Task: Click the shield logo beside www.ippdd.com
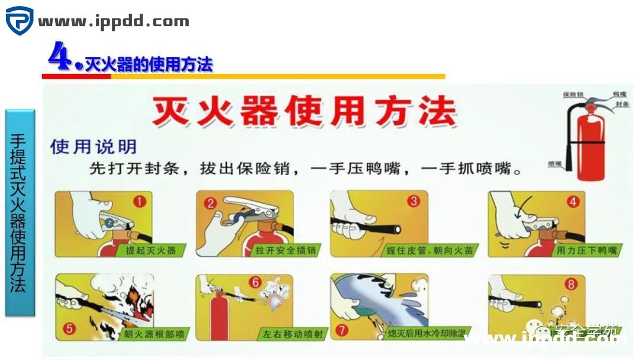point(20,21)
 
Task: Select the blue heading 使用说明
point(93,146)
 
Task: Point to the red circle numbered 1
point(140,202)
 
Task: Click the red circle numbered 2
point(211,204)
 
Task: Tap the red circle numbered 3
point(414,201)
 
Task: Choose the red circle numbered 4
point(572,201)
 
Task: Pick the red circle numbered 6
point(256,282)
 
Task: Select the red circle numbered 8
point(571,284)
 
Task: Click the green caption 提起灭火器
point(151,250)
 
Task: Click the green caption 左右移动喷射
point(294,335)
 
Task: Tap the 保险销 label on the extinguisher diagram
point(573,95)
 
